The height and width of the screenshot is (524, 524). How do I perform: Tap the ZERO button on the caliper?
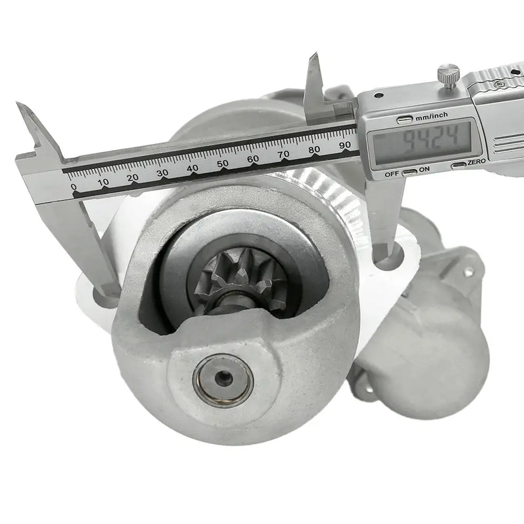click(x=460, y=164)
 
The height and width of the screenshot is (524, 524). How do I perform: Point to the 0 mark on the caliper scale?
click(x=73, y=187)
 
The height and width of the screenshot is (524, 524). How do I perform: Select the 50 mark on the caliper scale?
click(x=223, y=164)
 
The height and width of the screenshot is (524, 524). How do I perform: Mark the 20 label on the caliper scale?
click(x=132, y=178)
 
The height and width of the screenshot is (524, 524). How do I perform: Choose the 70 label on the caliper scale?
click(x=284, y=154)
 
